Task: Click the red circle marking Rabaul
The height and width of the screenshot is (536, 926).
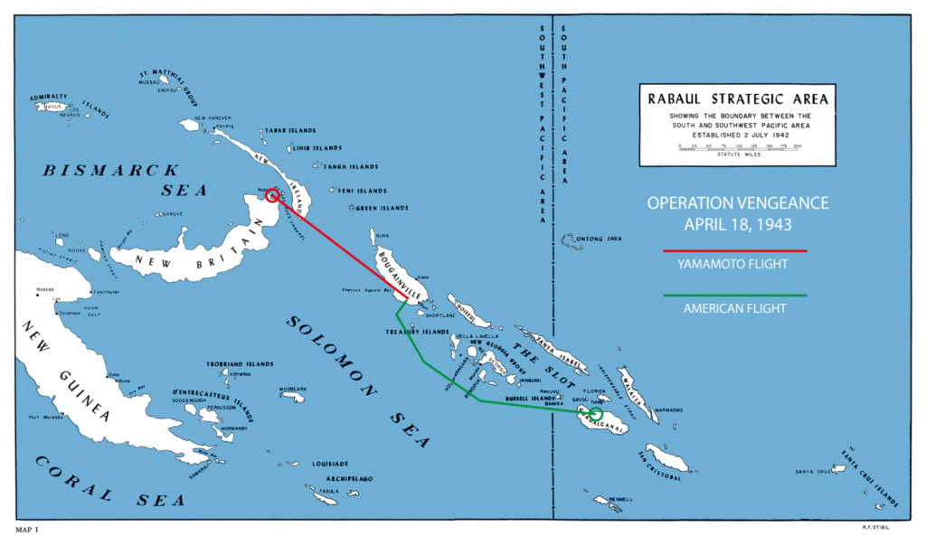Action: click(x=271, y=194)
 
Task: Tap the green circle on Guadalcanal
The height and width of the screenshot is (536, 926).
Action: click(x=594, y=414)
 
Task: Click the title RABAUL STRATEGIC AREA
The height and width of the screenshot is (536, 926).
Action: click(x=736, y=99)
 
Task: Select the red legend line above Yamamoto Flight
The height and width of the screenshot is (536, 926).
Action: click(x=734, y=250)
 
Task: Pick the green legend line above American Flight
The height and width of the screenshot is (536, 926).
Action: click(x=734, y=295)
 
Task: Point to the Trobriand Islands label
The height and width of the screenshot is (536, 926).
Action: click(x=240, y=363)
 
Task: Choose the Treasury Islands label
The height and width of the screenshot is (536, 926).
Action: click(x=417, y=332)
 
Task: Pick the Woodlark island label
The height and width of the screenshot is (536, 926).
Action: click(x=293, y=389)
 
